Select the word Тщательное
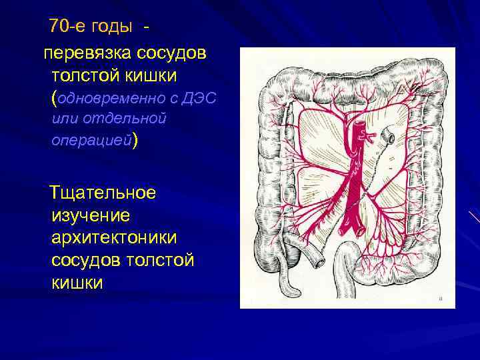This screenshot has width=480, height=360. click(x=103, y=193)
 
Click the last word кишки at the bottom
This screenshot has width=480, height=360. click(x=77, y=283)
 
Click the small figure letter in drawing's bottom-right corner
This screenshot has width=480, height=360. click(x=441, y=299)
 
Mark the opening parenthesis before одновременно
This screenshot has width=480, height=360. click(x=54, y=98)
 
